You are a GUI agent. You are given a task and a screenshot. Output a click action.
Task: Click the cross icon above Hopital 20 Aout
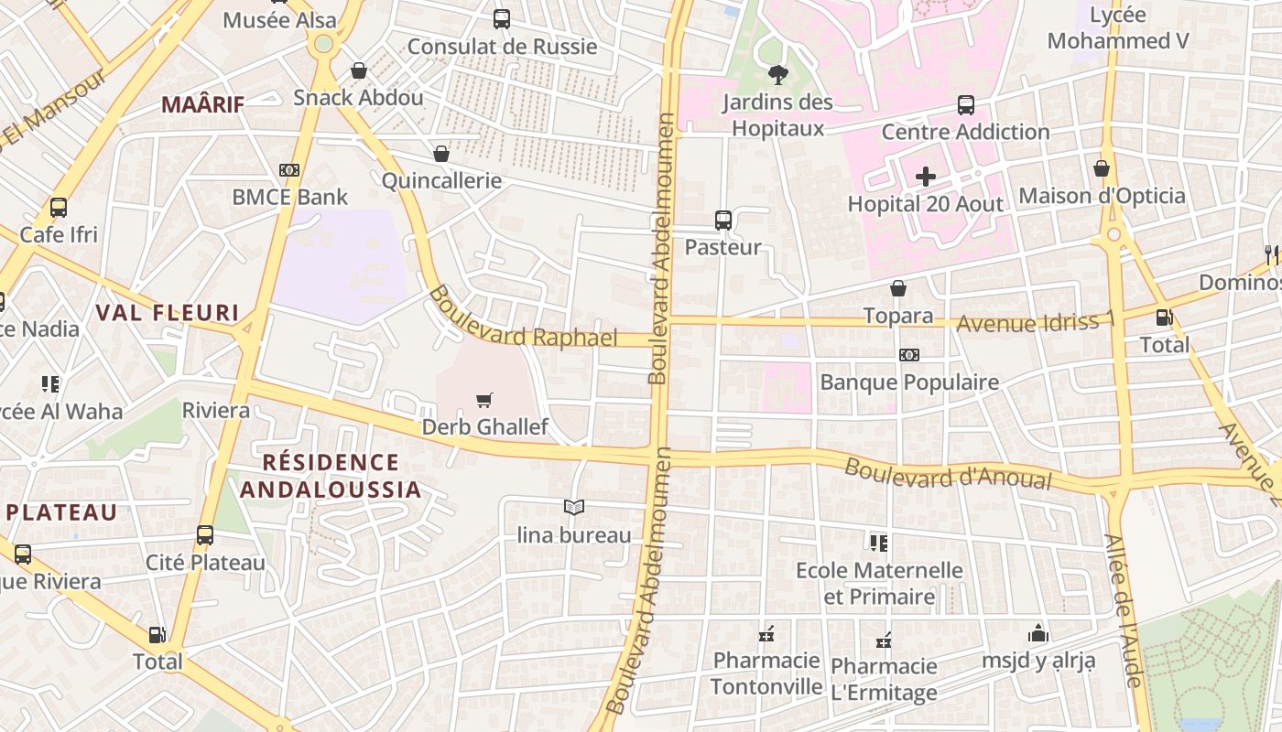(926, 177)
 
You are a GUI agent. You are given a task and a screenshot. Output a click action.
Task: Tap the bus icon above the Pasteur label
(723, 220)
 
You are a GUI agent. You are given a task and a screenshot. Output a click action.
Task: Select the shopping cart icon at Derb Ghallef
(484, 400)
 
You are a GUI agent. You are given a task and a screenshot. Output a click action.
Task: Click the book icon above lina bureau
(574, 507)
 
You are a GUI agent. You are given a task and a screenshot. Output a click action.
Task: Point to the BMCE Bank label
(289, 197)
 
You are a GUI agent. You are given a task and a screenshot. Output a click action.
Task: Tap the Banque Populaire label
(909, 382)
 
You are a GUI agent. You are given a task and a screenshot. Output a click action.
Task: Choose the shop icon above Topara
(898, 288)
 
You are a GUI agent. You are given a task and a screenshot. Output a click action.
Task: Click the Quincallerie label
(441, 180)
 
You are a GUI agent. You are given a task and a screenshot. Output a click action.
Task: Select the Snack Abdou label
(358, 97)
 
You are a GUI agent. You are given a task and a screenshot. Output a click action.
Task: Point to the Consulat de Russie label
(502, 47)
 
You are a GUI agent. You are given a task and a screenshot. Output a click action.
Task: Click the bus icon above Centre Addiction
(966, 105)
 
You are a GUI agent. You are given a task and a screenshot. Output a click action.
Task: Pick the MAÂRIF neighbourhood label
(203, 104)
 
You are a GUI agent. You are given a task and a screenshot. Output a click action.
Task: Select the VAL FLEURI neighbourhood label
(168, 313)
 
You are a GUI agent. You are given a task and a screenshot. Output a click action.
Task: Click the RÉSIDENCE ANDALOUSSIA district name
(331, 476)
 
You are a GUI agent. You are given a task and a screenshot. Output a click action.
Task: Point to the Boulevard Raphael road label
(523, 318)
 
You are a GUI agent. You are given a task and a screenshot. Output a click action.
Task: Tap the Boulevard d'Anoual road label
(947, 474)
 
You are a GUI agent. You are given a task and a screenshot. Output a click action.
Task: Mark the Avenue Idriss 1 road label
(1036, 322)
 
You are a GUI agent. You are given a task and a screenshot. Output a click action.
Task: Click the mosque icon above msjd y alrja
(1038, 633)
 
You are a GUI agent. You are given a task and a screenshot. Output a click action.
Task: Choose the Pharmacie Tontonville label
(766, 673)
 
